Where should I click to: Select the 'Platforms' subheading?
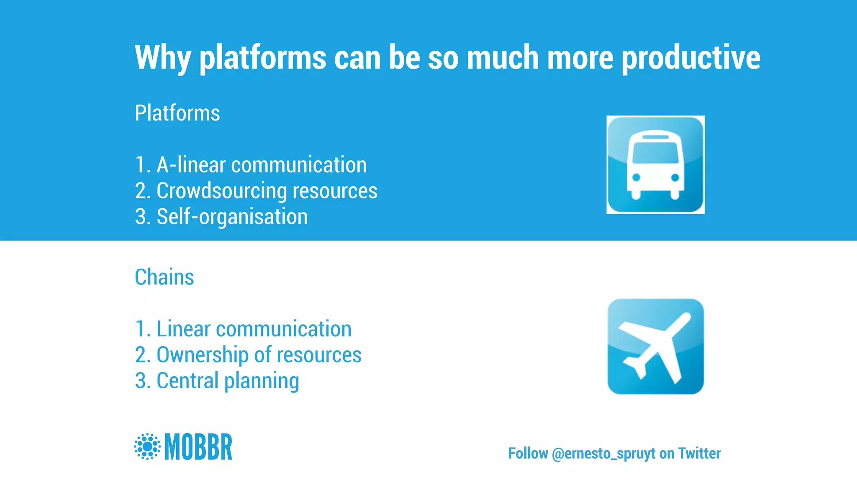click(177, 113)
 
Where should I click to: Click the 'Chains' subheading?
click(164, 277)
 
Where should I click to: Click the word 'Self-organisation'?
click(232, 217)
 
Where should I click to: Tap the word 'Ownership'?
click(202, 355)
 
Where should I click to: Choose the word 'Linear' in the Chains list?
click(183, 329)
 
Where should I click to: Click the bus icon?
click(655, 165)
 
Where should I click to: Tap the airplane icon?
click(655, 346)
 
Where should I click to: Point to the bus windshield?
click(655, 152)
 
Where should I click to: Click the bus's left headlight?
click(636, 177)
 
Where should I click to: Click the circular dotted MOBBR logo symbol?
click(147, 446)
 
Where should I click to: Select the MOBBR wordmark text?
click(198, 447)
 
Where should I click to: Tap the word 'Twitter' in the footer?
click(699, 453)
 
